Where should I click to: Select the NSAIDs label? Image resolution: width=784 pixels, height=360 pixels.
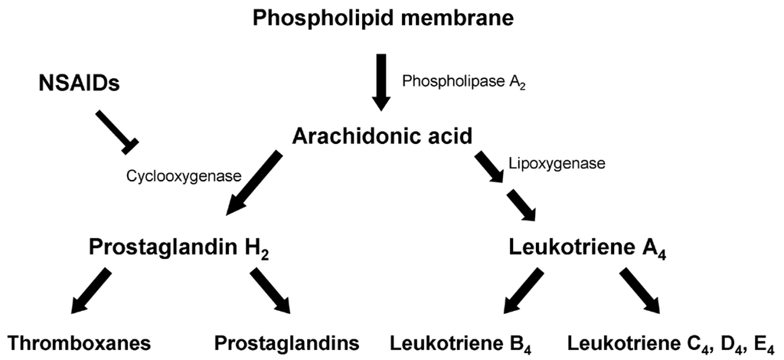[79, 83]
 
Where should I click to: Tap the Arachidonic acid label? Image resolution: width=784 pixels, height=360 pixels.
[381, 136]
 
